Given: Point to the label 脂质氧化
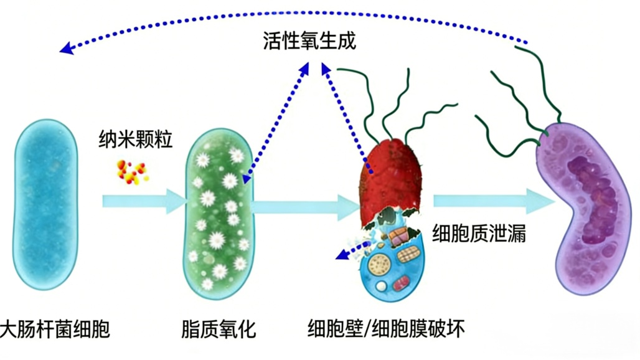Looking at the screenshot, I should (x=219, y=328).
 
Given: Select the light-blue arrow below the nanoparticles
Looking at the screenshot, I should (x=143, y=201).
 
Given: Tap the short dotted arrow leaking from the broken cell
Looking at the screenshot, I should (x=352, y=250).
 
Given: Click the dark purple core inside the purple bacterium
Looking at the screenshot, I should (x=591, y=199).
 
